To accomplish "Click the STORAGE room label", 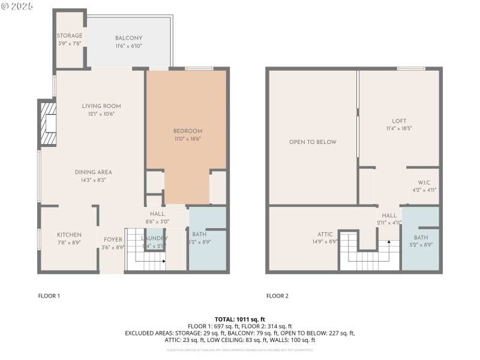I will coord(70,36).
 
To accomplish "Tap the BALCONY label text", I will coord(128,38).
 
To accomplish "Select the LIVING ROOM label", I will coord(98,106).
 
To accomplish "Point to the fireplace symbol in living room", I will coord(48,124).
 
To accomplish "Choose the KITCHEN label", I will coord(69,235).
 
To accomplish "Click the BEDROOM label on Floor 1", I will coord(187,131).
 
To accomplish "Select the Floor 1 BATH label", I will coord(199,235).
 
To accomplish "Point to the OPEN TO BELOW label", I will coord(313,142).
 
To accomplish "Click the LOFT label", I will coord(399,120).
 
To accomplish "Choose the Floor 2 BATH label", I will coord(421,238).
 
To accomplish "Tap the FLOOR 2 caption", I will coord(277,296).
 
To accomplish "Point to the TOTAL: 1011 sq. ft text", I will coord(240,319).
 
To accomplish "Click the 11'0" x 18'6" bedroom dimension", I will coord(187,139).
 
